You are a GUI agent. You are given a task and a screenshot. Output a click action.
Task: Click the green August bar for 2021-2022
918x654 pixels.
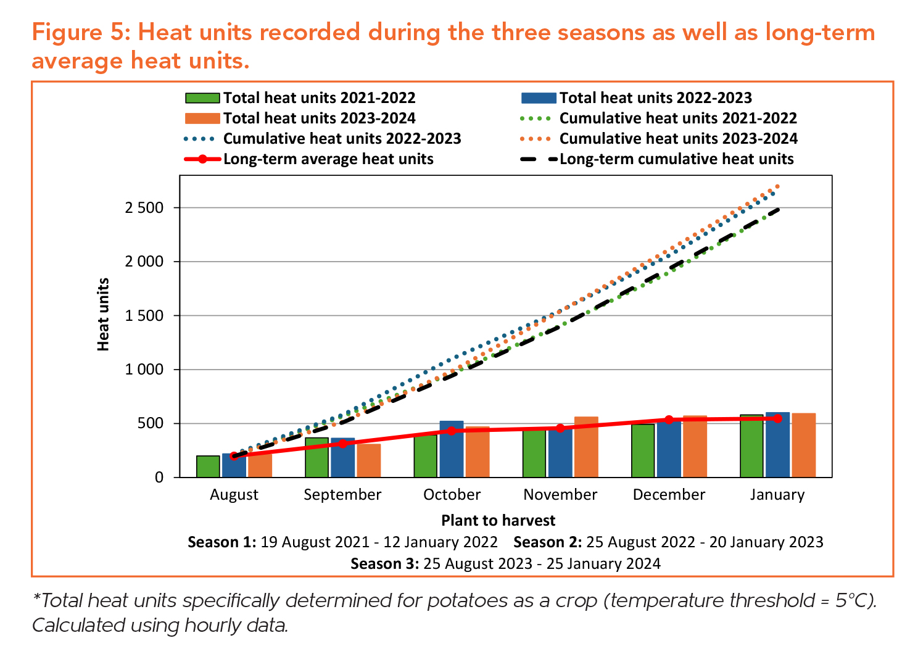click(x=208, y=466)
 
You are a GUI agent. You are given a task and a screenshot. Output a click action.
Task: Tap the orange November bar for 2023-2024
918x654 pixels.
click(x=586, y=447)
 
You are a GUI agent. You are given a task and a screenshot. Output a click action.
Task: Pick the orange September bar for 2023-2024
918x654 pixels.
click(x=369, y=460)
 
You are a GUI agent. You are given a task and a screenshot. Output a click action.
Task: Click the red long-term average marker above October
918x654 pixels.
click(x=452, y=431)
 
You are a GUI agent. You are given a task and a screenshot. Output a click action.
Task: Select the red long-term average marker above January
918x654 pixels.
click(x=777, y=418)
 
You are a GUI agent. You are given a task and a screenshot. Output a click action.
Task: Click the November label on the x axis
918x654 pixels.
click(x=560, y=495)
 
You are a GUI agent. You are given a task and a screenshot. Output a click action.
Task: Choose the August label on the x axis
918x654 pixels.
click(x=234, y=495)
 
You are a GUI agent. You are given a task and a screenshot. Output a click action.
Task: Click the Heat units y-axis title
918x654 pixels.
click(x=103, y=315)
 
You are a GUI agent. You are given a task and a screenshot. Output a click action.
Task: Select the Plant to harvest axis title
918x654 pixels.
click(x=498, y=521)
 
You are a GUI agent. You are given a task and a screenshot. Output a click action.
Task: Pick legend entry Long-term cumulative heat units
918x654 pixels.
click(x=676, y=159)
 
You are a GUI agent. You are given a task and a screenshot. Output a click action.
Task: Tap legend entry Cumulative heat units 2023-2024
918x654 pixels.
click(x=678, y=139)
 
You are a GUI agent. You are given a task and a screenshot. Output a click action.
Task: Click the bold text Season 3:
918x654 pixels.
click(x=384, y=564)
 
